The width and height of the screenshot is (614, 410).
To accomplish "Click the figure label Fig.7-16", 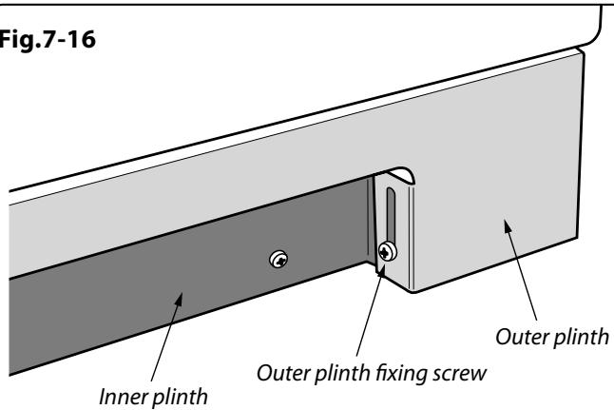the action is [47, 40].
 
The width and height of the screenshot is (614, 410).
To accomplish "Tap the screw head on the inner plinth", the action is [278, 259].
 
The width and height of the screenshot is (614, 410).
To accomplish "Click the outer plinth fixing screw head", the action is [387, 252].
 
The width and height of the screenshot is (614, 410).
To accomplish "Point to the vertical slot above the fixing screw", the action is [391, 214].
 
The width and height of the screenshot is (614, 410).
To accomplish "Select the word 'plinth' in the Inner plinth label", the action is [180, 397].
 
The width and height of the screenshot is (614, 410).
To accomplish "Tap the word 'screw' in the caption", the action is [460, 375].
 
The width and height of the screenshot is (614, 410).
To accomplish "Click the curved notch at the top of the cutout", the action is [400, 175].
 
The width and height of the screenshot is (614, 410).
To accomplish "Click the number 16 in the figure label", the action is [82, 40].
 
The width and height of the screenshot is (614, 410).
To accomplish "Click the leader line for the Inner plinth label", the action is [164, 342].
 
